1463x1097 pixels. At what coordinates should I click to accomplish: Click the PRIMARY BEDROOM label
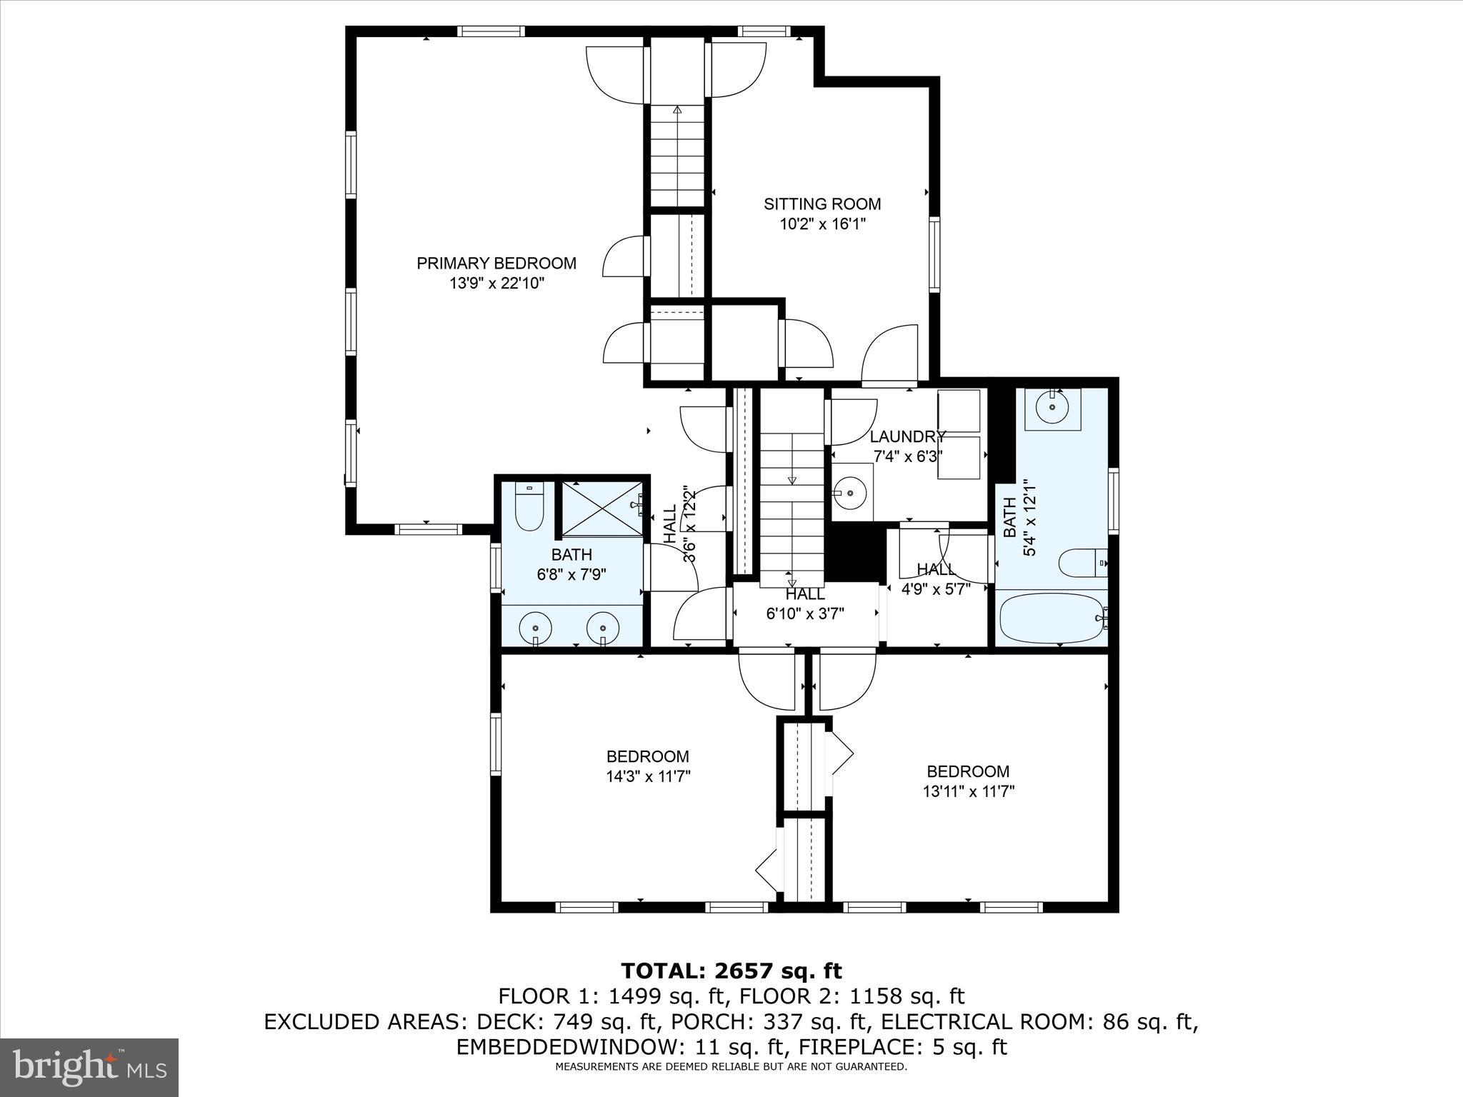tap(496, 264)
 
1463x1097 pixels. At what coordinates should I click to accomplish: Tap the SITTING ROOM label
tap(822, 204)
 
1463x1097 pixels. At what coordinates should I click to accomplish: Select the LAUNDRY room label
tap(908, 436)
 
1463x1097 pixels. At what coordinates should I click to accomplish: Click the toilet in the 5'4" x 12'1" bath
tap(1082, 563)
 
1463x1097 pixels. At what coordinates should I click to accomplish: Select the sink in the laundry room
tap(853, 492)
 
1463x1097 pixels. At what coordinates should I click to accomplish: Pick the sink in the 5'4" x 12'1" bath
tap(1053, 408)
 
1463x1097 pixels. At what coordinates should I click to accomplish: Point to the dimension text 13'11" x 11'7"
tap(969, 791)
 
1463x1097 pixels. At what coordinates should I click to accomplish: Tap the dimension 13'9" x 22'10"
tap(496, 284)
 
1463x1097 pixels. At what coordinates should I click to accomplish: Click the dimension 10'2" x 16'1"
tap(822, 224)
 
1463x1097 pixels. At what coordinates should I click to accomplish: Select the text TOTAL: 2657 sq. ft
tap(731, 971)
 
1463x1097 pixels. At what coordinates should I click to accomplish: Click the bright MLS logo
tap(89, 1067)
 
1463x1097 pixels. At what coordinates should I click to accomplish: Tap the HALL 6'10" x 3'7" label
tap(806, 603)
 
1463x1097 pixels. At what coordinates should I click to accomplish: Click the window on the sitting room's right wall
tap(934, 254)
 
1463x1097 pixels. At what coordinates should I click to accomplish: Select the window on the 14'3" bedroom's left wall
tap(496, 743)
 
